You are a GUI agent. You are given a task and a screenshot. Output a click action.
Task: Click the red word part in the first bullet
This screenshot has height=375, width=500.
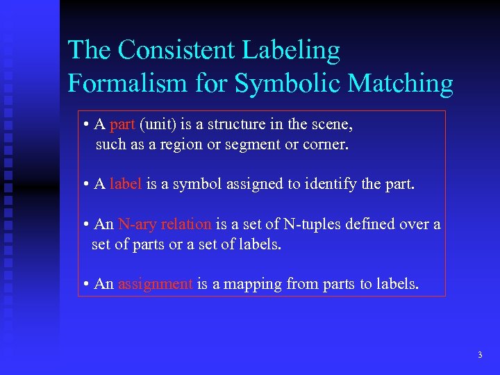pyautogui.click(x=122, y=125)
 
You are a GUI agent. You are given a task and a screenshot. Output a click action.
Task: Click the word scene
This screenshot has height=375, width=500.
pyautogui.click(x=333, y=125)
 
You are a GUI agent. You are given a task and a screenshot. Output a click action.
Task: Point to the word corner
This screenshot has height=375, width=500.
pyautogui.click(x=326, y=145)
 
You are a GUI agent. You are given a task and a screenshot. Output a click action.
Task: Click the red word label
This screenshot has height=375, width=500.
pyautogui.click(x=126, y=184)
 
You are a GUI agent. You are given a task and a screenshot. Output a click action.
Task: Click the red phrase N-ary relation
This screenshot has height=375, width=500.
pyautogui.click(x=165, y=224)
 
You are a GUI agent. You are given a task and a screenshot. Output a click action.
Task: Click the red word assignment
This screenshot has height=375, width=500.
pyautogui.click(x=156, y=284)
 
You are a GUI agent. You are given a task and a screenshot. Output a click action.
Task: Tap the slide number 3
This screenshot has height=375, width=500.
pyautogui.click(x=480, y=355)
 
